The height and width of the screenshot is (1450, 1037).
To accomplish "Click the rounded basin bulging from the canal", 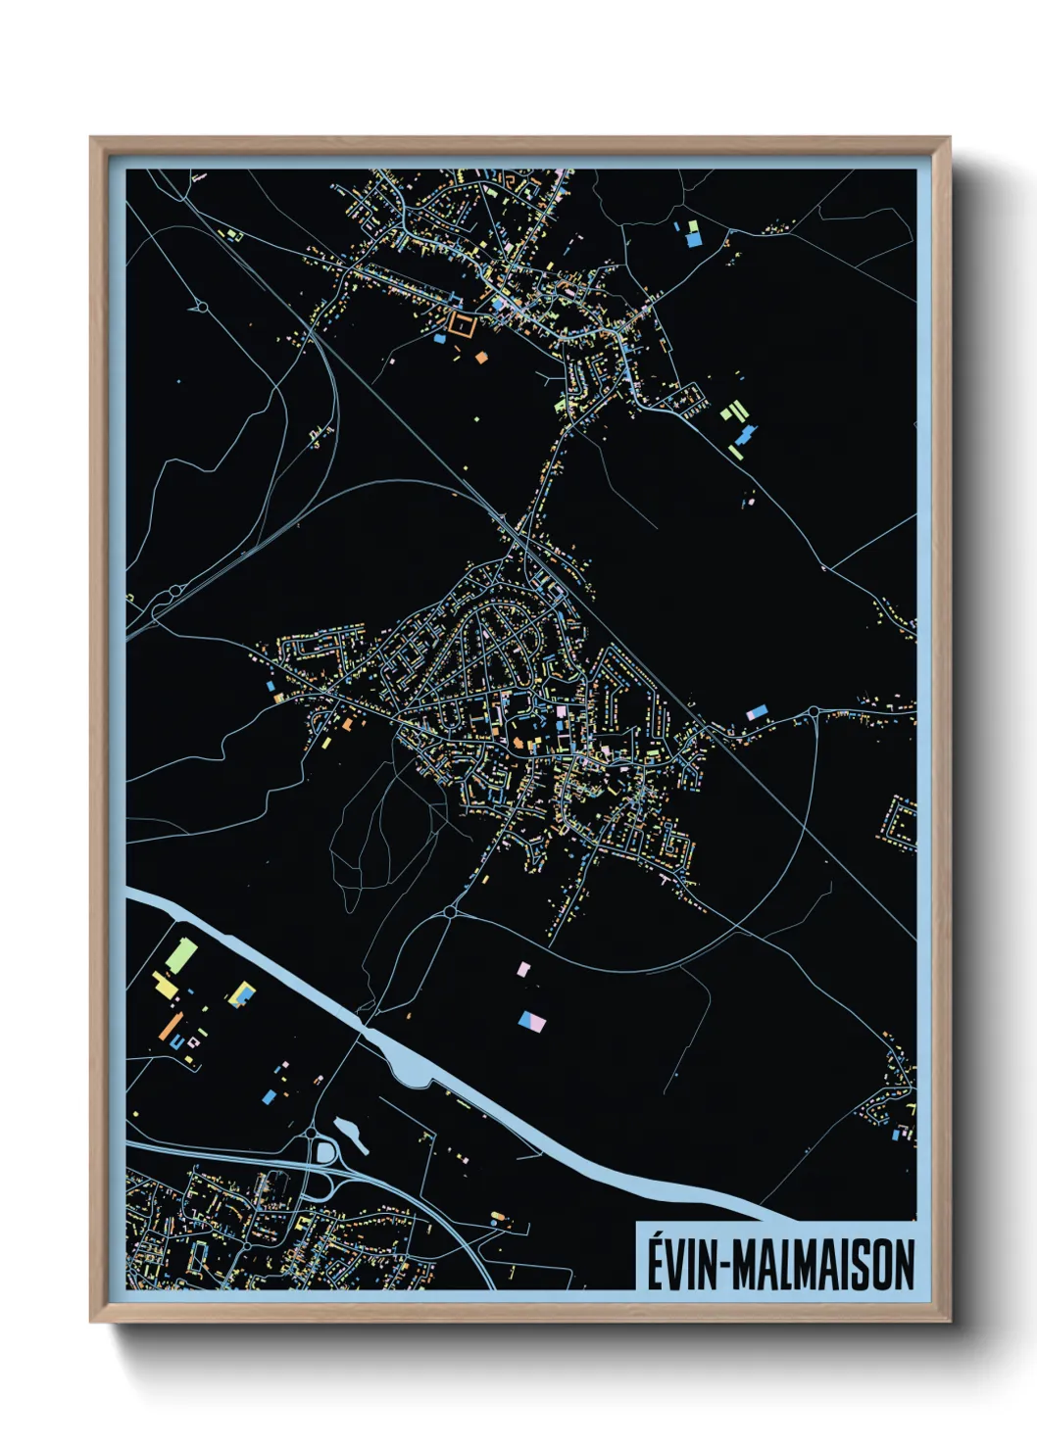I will (x=412, y=1066).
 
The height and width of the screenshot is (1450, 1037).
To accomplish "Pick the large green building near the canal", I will (x=181, y=955).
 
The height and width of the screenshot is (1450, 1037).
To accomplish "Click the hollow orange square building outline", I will (x=461, y=324).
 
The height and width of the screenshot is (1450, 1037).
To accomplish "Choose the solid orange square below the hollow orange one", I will (x=481, y=358).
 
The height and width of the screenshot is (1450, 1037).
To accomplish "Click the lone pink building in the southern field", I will (x=524, y=969).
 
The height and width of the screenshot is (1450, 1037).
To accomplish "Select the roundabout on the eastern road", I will (x=814, y=712).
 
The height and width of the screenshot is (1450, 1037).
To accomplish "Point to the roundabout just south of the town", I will (x=449, y=912).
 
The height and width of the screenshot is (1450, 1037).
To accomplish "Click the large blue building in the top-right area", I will (x=693, y=236).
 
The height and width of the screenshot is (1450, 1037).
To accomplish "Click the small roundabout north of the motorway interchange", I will (x=312, y=1134).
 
